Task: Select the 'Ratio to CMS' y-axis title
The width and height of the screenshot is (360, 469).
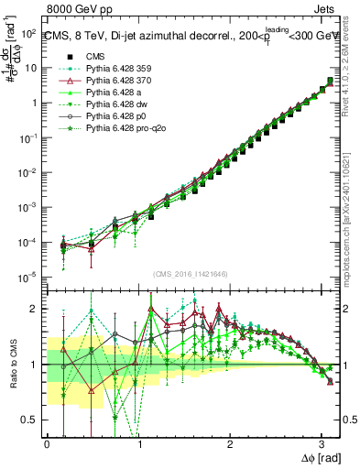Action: click(x=12, y=365)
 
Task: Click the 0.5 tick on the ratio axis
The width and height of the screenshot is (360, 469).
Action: click(x=29, y=420)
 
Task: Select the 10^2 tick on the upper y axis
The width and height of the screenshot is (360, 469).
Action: click(x=27, y=33)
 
